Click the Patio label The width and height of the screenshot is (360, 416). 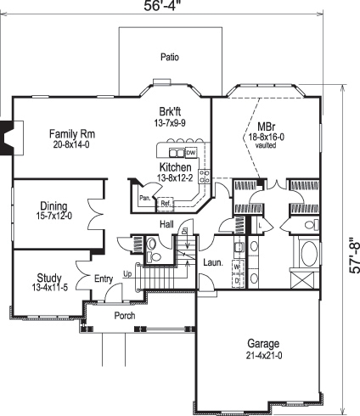(x=170, y=58)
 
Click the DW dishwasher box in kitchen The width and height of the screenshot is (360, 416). (x=191, y=153)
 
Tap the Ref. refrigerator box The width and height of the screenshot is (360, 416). (x=166, y=203)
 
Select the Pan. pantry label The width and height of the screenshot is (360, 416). (x=146, y=198)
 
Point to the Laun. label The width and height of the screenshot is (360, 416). (x=212, y=262)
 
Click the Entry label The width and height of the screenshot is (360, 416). (x=104, y=278)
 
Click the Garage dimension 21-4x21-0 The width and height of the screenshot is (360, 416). (x=263, y=356)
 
